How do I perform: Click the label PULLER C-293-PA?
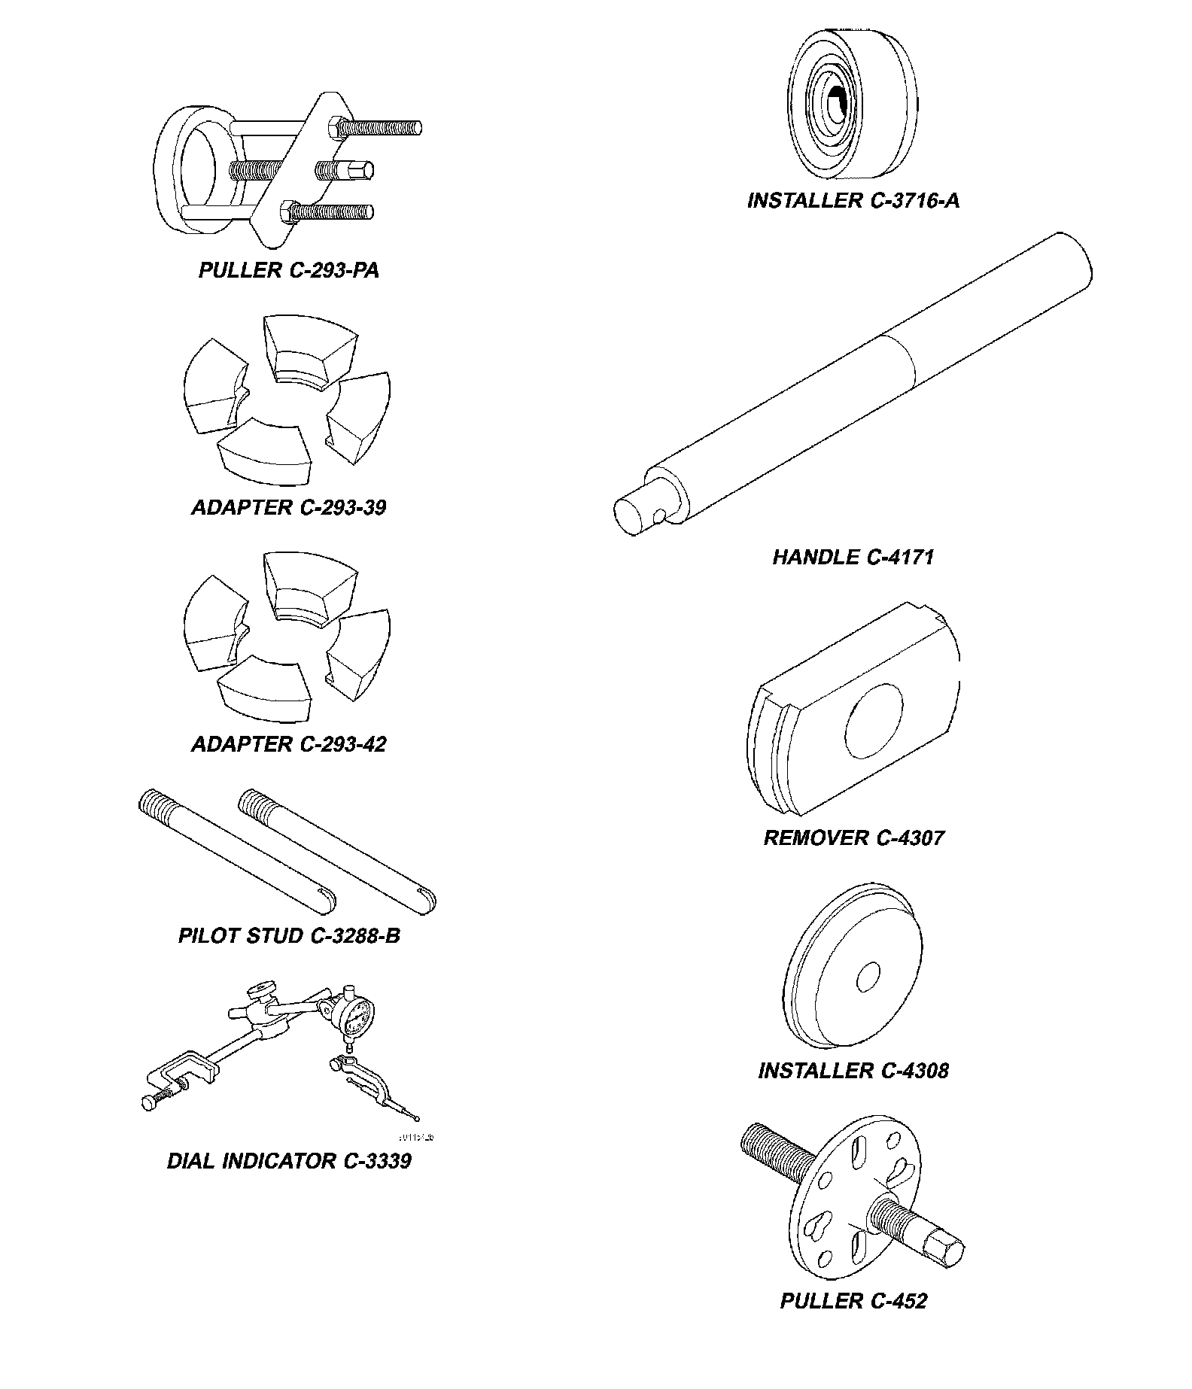click(288, 271)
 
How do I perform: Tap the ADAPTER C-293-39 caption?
click(288, 508)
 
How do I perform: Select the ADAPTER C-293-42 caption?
click(288, 745)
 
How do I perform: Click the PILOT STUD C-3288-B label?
click(289, 936)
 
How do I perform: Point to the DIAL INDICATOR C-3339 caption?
click(289, 1161)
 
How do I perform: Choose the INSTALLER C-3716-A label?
click(853, 201)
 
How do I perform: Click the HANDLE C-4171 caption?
click(853, 558)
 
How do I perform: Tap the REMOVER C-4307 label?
click(853, 838)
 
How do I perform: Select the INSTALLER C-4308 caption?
click(853, 1071)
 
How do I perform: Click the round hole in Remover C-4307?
click(873, 721)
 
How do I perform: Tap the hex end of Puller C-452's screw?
click(947, 1251)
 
